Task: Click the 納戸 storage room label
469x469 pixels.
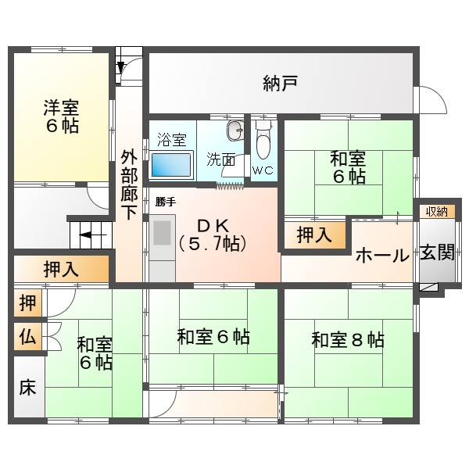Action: tap(281, 83)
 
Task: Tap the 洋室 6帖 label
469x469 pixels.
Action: tap(61, 116)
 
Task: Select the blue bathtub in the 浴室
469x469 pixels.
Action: tap(171, 165)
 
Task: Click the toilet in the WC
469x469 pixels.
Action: tap(263, 140)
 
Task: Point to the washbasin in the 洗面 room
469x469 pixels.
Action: tap(235, 131)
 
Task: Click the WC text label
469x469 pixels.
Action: tap(263, 170)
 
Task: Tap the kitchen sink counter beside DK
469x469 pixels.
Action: tap(163, 248)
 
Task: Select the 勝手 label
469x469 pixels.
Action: tap(166, 202)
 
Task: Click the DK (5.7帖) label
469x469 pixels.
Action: tap(213, 235)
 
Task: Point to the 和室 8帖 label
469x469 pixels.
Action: tap(348, 340)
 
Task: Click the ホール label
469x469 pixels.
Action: tap(382, 256)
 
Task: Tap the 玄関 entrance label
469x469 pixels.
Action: tap(437, 252)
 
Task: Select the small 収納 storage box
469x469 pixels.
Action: tap(437, 212)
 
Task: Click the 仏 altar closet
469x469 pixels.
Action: tap(28, 337)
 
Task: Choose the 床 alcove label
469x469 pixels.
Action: tap(27, 387)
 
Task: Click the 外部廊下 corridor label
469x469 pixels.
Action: tap(129, 185)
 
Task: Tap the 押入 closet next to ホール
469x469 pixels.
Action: tap(315, 234)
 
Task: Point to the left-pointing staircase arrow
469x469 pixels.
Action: tap(93, 235)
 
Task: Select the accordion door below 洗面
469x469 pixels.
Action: tap(230, 187)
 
